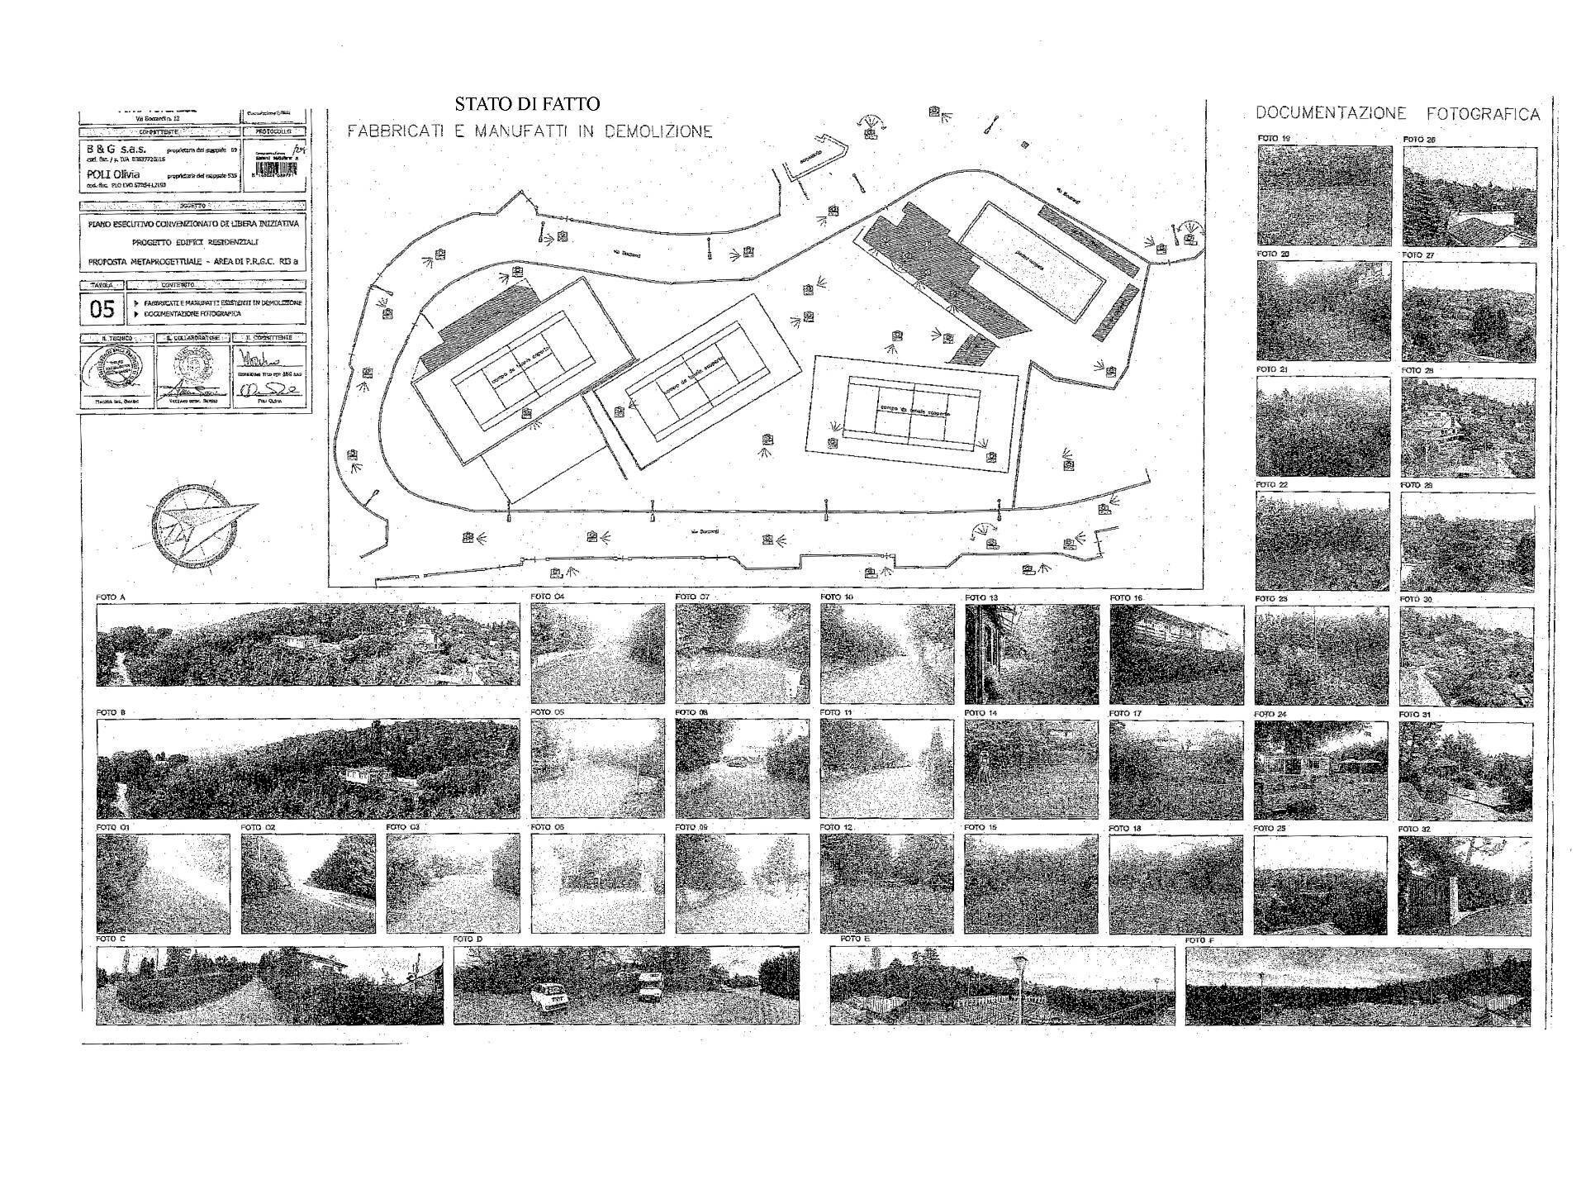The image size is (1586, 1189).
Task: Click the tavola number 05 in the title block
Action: click(102, 310)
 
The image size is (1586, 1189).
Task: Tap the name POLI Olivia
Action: click(113, 175)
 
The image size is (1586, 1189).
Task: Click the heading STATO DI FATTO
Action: click(526, 104)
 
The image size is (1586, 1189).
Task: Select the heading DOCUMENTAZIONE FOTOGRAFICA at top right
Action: click(1397, 114)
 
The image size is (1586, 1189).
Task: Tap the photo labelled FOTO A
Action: click(308, 644)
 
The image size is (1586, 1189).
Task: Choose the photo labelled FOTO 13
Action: click(1032, 654)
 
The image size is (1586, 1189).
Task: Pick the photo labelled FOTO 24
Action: click(1321, 769)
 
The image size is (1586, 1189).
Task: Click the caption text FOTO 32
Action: click(1413, 829)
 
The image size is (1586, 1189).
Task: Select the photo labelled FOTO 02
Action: click(308, 883)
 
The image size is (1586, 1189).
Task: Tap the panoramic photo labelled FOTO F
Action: click(1357, 986)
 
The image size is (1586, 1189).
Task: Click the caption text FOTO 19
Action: click(1273, 138)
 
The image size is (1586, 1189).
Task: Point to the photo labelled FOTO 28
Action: click(1468, 427)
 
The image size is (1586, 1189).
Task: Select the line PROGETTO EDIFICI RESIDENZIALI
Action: click(195, 242)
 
